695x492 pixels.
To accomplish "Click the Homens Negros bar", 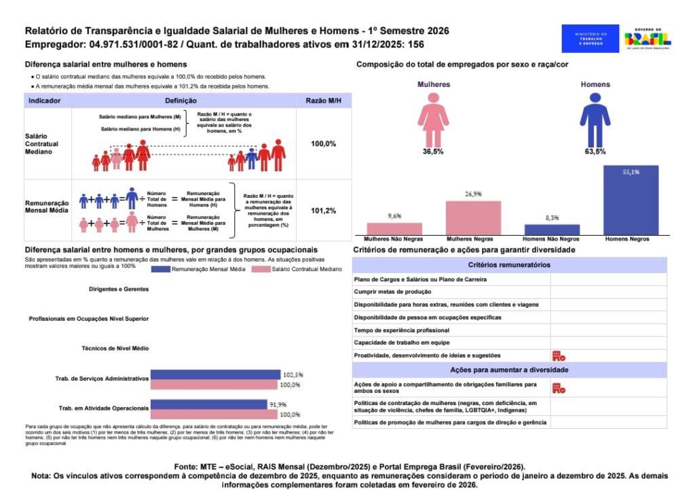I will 631,200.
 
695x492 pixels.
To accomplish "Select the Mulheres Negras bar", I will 473,217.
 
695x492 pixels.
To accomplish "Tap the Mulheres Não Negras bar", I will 394,228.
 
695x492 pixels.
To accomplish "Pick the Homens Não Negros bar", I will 552,229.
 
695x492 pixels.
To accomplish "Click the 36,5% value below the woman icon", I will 433,152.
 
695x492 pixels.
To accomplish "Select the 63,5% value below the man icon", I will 595,152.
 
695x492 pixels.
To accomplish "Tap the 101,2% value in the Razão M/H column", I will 323,211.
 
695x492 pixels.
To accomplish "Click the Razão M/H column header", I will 323,101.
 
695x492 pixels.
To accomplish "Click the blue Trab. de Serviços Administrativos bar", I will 215,374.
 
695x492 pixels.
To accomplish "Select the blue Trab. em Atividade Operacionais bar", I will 208,404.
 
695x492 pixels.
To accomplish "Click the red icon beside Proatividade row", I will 559,355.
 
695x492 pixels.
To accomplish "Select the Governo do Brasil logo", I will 647,38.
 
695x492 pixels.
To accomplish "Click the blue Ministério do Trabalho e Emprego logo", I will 590,38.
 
